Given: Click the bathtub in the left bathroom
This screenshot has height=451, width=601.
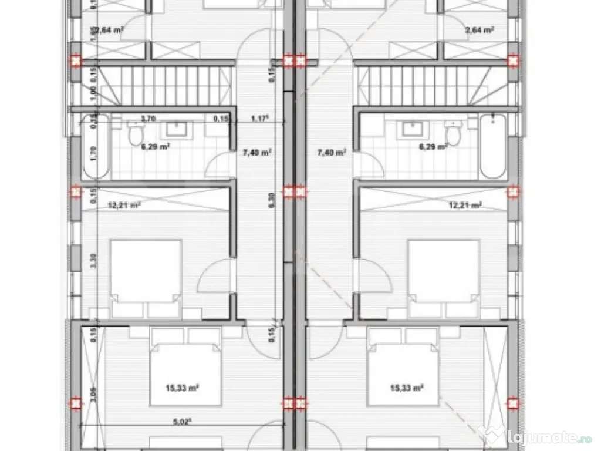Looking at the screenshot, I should click(96, 146).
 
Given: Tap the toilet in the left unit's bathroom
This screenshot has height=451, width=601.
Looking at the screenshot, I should click(136, 134).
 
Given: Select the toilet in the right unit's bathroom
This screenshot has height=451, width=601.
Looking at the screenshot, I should click(453, 134).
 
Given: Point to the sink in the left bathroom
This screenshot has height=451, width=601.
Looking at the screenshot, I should click(175, 129).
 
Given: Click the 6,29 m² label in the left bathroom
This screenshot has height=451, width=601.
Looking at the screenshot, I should click(156, 147).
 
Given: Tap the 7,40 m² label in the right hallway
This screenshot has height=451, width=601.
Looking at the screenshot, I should click(332, 152).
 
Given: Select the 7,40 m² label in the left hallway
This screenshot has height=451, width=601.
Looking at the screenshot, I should click(256, 152).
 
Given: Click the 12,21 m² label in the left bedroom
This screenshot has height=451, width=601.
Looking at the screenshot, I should click(124, 205).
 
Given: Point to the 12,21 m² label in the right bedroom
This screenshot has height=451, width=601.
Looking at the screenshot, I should click(465, 205).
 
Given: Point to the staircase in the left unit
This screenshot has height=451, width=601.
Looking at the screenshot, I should click(164, 85).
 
